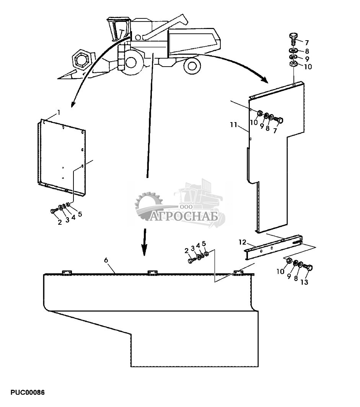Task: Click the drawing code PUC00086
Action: (28, 393)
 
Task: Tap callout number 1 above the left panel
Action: (59, 112)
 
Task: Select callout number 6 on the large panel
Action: (106, 260)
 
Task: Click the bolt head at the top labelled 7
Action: (292, 37)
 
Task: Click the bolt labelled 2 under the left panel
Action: (53, 211)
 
